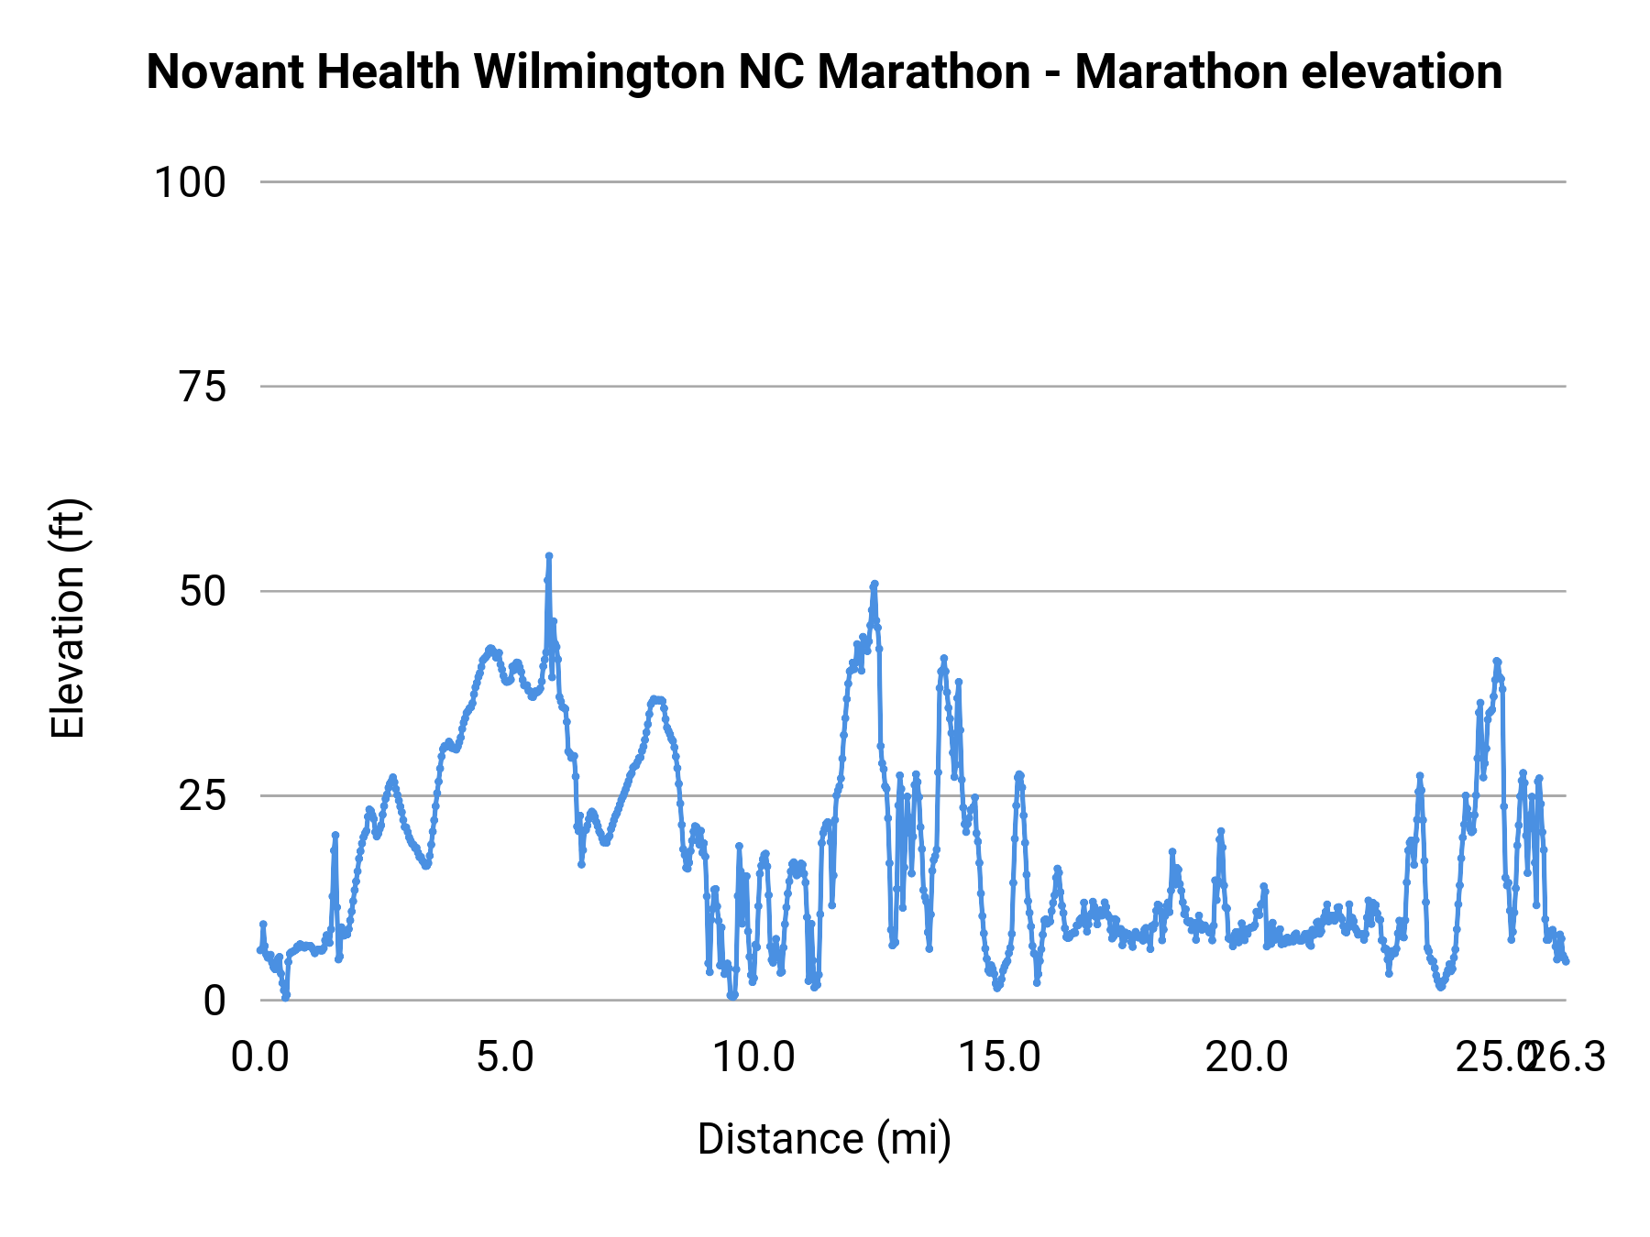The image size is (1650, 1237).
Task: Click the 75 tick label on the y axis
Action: pyautogui.click(x=203, y=388)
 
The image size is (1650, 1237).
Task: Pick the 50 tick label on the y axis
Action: pyautogui.click(x=203, y=592)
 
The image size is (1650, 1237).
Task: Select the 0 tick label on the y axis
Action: pyautogui.click(x=214, y=1001)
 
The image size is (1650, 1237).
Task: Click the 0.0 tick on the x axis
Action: pyautogui.click(x=260, y=1057)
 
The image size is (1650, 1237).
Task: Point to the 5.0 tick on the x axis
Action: pyautogui.click(x=505, y=1057)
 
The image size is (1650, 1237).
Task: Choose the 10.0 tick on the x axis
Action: pyautogui.click(x=753, y=1057)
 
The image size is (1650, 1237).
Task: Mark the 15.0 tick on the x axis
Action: pyautogui.click(x=999, y=1057)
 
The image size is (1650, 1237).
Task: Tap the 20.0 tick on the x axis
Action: pyautogui.click(x=1247, y=1057)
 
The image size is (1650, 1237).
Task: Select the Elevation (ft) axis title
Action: pyautogui.click(x=68, y=618)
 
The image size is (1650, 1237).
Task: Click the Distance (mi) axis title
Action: pyautogui.click(x=824, y=1139)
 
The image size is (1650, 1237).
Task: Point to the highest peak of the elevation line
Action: pyautogui.click(x=549, y=556)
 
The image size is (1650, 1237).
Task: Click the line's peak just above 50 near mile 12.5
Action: pyautogui.click(x=874, y=584)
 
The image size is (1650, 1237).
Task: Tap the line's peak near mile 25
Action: pyautogui.click(x=1497, y=661)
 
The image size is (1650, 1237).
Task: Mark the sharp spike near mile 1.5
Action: pyautogui.click(x=335, y=835)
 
